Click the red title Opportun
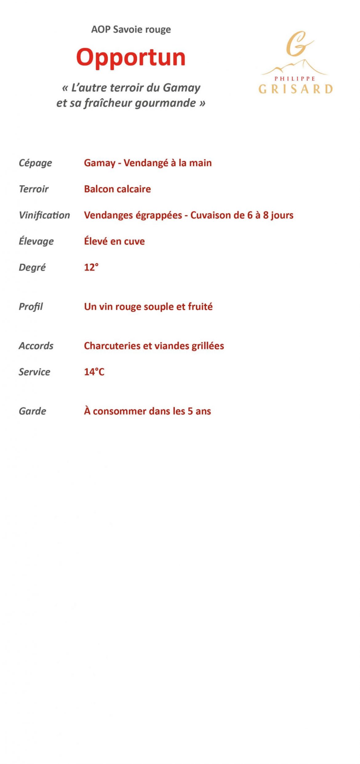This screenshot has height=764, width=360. tap(131, 58)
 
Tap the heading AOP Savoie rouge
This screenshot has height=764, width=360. tap(131, 30)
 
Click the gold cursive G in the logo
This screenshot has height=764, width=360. tap(297, 44)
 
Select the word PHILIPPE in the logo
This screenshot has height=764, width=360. tap(295, 79)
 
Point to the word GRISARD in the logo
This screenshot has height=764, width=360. tap(295, 89)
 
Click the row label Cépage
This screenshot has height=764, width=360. tap(35, 163)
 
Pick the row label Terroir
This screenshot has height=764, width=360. tap(34, 189)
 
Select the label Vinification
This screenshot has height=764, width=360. tap(44, 215)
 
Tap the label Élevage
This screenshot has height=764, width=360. tap(36, 241)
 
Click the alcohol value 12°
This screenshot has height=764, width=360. tap(91, 267)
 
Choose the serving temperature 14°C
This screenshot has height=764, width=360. tap(94, 372)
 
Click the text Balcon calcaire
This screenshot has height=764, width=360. tap(117, 189)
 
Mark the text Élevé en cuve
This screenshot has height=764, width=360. tap(114, 241)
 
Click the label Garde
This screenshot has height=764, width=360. tap(32, 411)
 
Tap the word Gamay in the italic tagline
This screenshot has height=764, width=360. tap(182, 88)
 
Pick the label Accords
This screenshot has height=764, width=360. tap(36, 346)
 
